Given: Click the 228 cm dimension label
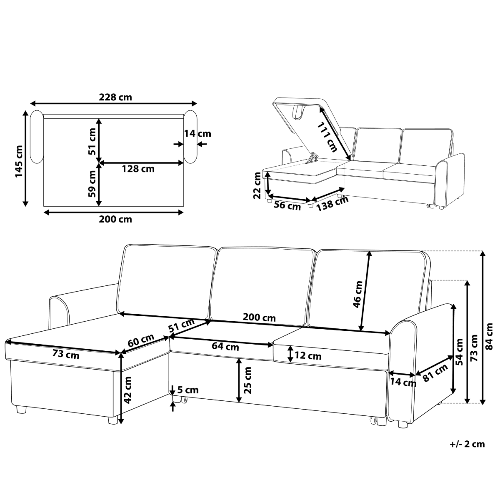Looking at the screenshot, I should pos(115,97).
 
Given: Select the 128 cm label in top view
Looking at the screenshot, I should pos(138,169).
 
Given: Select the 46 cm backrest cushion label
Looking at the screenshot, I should pos(357,294).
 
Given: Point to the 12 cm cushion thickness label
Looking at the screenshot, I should pos(309,356).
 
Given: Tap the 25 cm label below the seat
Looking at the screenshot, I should pos(248,380).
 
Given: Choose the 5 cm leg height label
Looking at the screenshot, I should pos(188,390).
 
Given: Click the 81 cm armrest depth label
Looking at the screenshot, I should pos(435,372).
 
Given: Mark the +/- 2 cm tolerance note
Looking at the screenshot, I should pos(467,444).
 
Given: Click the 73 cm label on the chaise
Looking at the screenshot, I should pos(66,355).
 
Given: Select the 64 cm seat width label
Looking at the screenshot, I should pos(225,346).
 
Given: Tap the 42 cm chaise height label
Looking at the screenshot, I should pos(128,389).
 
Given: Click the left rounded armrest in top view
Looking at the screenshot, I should pos(37,137).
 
